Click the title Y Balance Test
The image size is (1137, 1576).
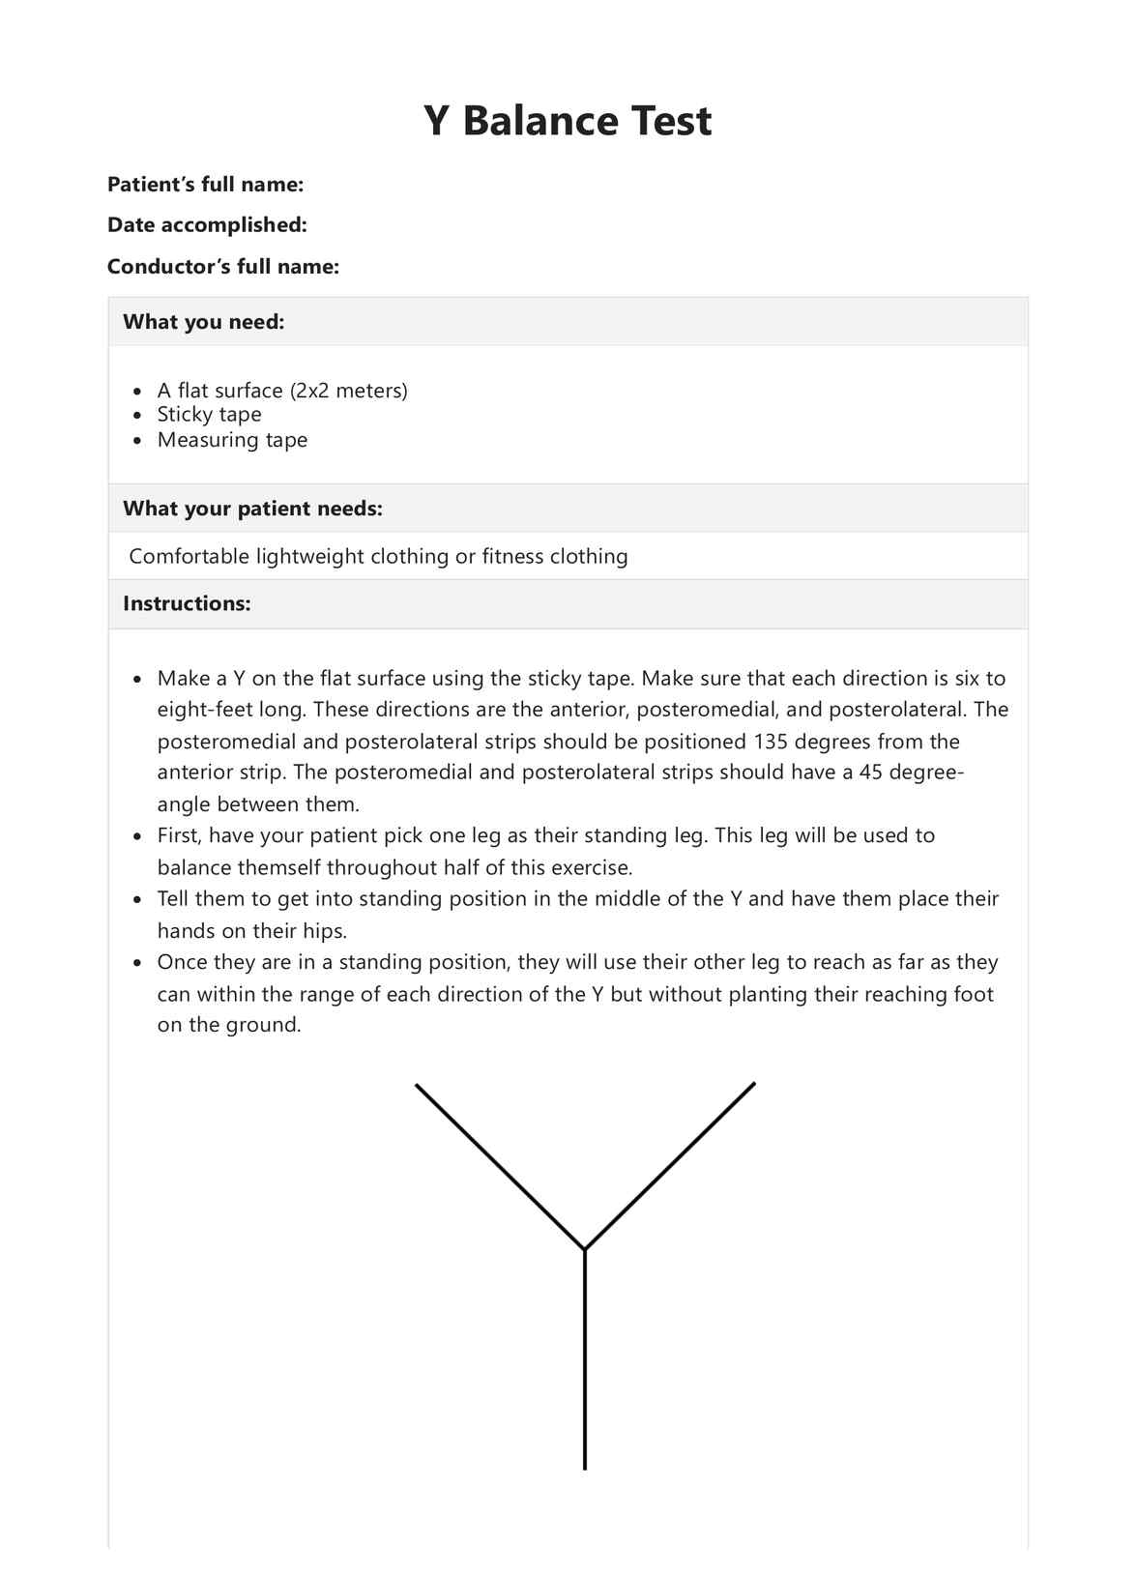click(568, 122)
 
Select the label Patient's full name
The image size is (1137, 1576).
click(205, 184)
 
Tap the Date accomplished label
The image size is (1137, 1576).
click(207, 224)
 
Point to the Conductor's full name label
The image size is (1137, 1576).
click(222, 266)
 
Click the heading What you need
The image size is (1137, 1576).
click(203, 322)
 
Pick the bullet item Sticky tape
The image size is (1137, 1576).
click(209, 415)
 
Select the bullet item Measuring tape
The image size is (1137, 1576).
click(232, 440)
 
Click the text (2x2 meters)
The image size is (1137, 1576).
click(348, 391)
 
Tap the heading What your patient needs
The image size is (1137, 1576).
click(252, 509)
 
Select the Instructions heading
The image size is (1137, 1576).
click(187, 603)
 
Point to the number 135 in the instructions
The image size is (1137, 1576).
click(771, 742)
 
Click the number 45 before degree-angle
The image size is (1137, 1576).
click(870, 773)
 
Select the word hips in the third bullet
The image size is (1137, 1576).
click(325, 931)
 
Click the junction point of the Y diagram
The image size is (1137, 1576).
click(585, 1249)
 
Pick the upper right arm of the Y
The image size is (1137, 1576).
click(670, 1165)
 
